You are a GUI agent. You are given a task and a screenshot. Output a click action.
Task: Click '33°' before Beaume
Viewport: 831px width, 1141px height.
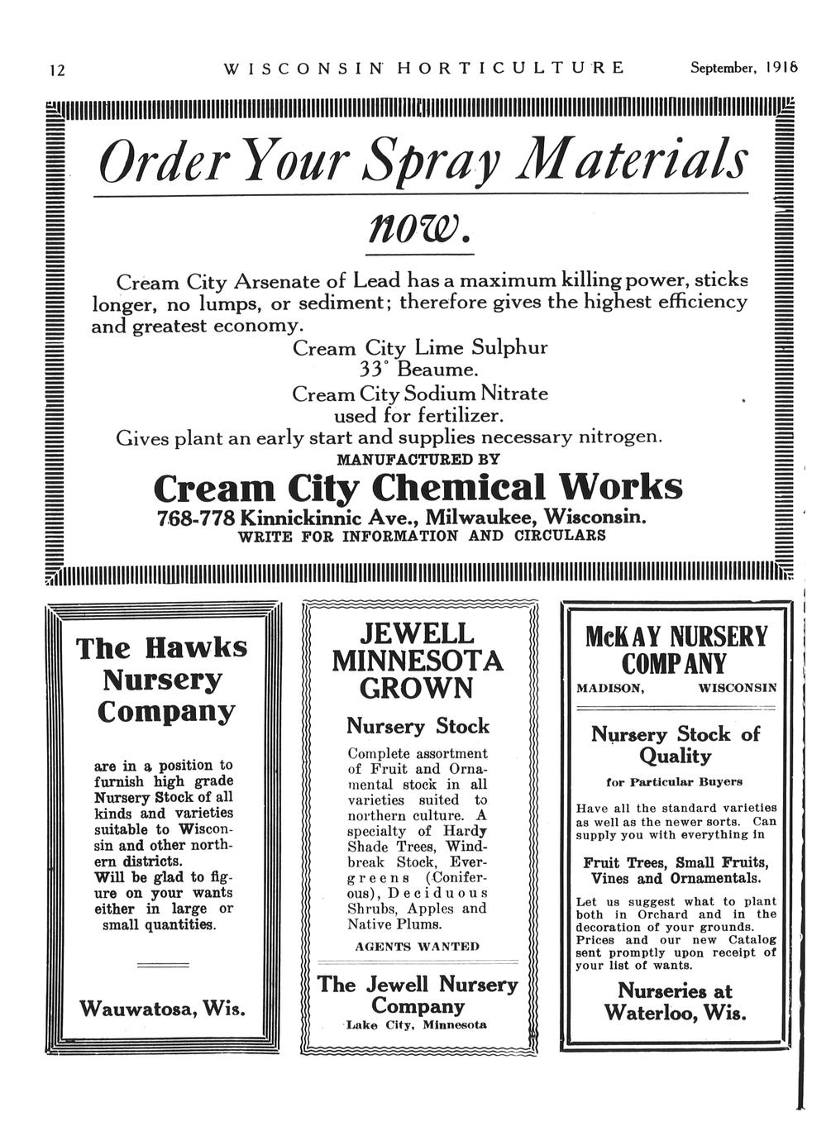click(x=375, y=369)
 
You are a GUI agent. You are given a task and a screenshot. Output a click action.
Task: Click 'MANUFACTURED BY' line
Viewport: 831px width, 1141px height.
click(x=419, y=458)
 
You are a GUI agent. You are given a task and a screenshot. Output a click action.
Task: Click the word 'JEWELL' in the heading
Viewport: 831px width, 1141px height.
click(x=417, y=635)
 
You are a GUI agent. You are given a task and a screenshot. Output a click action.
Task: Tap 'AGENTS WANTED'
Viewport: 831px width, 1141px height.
click(x=417, y=946)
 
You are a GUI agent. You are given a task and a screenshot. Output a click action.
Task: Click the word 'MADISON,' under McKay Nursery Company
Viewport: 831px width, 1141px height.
click(x=610, y=688)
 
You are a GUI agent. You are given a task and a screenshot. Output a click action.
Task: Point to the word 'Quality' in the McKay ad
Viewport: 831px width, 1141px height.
click(x=675, y=756)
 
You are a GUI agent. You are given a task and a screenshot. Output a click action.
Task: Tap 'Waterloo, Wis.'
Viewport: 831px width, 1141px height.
click(x=675, y=1013)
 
